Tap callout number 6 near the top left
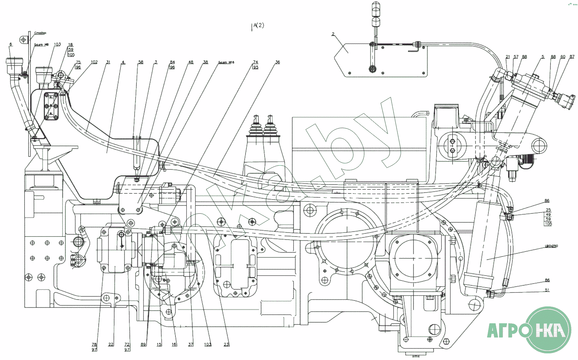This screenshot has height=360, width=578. coord(11,44)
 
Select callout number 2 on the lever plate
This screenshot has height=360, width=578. coord(333,34)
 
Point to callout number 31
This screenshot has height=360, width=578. coord(108,62)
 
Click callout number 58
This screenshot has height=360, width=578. coord(141,62)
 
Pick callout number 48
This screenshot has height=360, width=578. coord(190,62)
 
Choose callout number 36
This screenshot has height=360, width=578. coord(277,62)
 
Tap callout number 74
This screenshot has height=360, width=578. coord(255,62)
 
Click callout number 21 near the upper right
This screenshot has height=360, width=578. coord(508,57)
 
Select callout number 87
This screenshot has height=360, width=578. coord(572,57)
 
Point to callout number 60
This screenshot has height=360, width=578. coord(563,57)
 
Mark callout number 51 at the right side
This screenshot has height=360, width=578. coord(547,290)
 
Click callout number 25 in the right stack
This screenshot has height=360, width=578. coord(548,210)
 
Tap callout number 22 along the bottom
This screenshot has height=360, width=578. coord(111,344)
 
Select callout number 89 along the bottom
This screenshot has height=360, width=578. coord(143,344)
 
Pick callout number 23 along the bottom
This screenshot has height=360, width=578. coord(226,344)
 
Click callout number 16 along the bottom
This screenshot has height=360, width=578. coord(174,344)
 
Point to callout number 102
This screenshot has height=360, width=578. coord(94,62)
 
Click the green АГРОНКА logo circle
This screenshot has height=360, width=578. coord(549,330)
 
